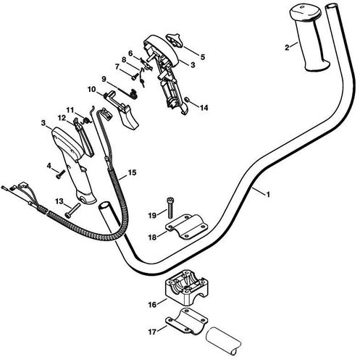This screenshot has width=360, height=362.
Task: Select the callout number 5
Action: pyautogui.click(x=202, y=56)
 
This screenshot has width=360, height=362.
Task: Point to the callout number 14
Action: pyautogui.click(x=204, y=107)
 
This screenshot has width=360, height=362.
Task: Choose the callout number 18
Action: pyautogui.click(x=151, y=236)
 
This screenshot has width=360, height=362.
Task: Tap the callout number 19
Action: pyautogui.click(x=151, y=215)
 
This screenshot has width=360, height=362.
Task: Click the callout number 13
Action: pyautogui.click(x=59, y=201)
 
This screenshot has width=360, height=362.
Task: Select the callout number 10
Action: pyautogui.click(x=92, y=89)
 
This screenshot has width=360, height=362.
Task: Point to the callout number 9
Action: pyautogui.click(x=104, y=78)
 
